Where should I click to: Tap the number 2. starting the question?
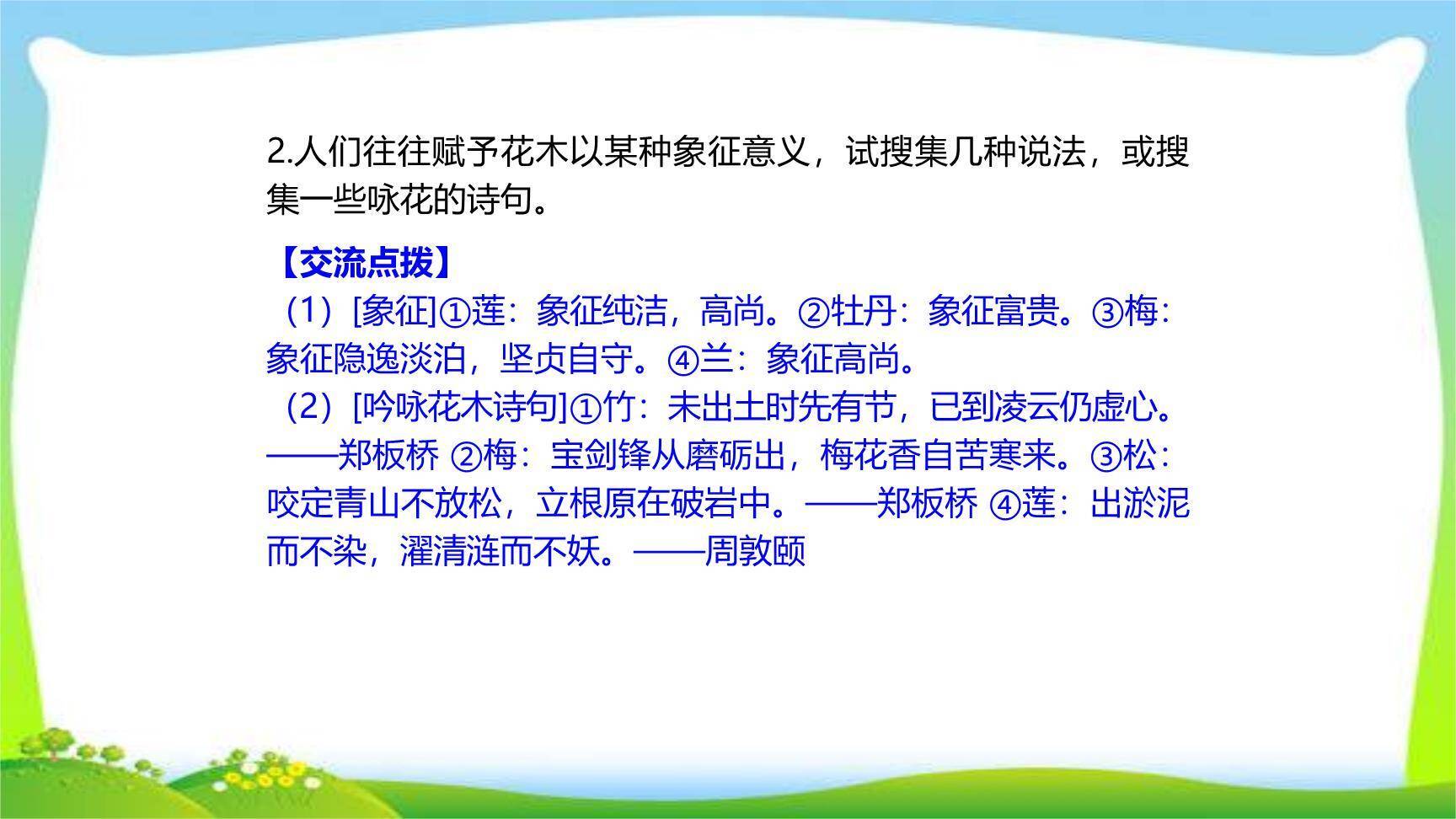(x=279, y=153)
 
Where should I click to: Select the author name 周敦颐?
(x=755, y=551)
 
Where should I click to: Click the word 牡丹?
(x=864, y=312)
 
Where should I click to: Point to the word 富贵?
(x=1028, y=312)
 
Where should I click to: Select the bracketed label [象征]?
(x=395, y=312)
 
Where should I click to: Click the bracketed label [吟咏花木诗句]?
(x=460, y=409)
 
